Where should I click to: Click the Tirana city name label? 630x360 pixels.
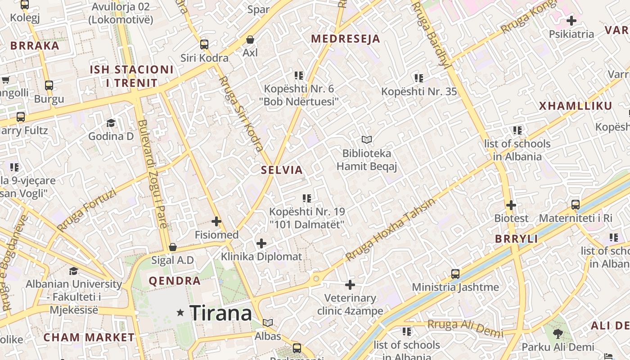(220, 313)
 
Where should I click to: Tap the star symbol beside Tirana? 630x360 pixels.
(180, 312)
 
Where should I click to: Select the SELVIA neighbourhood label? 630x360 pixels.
(282, 170)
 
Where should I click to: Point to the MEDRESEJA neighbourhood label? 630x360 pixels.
(346, 39)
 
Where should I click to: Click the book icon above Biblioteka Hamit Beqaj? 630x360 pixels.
(367, 140)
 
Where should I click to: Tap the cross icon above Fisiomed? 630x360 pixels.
(216, 221)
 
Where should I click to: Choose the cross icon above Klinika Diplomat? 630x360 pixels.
(261, 243)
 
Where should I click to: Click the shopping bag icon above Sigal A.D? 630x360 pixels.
(172, 247)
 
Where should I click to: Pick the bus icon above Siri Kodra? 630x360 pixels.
(204, 44)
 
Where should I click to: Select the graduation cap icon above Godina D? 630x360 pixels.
(111, 123)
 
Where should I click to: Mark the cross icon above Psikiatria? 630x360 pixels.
(571, 21)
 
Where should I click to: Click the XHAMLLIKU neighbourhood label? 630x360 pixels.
(576, 106)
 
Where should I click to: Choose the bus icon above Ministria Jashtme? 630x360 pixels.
(455, 274)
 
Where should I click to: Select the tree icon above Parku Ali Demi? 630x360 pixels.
(558, 333)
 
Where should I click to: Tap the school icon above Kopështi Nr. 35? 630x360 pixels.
(419, 78)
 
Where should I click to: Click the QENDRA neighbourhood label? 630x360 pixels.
(175, 281)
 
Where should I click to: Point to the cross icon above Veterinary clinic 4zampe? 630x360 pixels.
(350, 284)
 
